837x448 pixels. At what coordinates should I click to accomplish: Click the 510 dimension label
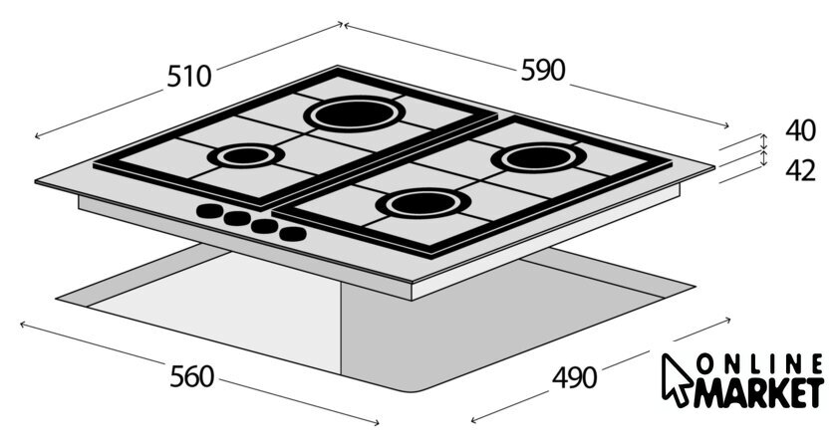(x=189, y=76)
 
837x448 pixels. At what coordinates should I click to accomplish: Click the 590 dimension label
(x=542, y=70)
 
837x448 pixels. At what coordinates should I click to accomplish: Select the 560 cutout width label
(x=191, y=376)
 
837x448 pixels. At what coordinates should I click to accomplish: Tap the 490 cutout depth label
(x=574, y=378)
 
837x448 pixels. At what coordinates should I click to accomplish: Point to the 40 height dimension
(x=800, y=130)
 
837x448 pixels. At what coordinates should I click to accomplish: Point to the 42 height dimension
(x=800, y=170)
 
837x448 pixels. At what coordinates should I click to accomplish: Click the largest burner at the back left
(x=355, y=114)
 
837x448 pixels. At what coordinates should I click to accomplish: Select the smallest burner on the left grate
(x=246, y=155)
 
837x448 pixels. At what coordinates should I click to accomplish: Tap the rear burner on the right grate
(x=539, y=158)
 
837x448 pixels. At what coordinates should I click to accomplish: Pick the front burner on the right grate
(x=423, y=203)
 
